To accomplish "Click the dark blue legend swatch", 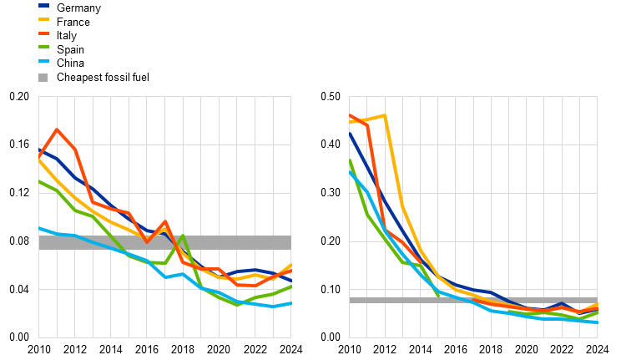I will point(43,5).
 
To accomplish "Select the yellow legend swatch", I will point(43,19).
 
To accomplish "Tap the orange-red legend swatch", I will point(43,33).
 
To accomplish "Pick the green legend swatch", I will point(43,47).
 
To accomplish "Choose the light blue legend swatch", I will point(43,61).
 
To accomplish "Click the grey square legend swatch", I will point(43,78).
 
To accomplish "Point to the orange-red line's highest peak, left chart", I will point(57,129).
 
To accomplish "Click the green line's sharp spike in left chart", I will point(183,236).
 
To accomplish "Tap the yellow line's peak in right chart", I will point(385,115).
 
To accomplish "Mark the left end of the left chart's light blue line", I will point(39,228).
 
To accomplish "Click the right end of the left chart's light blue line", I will point(290,303).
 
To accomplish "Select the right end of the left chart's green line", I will point(290,286).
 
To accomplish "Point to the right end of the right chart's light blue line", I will point(596,322).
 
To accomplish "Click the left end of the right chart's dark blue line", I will point(350,133).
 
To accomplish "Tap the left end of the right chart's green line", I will point(350,160).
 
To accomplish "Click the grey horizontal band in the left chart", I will point(164,242).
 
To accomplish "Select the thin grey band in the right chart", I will point(472,300).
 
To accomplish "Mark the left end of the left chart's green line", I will point(39,180).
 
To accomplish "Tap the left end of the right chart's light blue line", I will point(350,171).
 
